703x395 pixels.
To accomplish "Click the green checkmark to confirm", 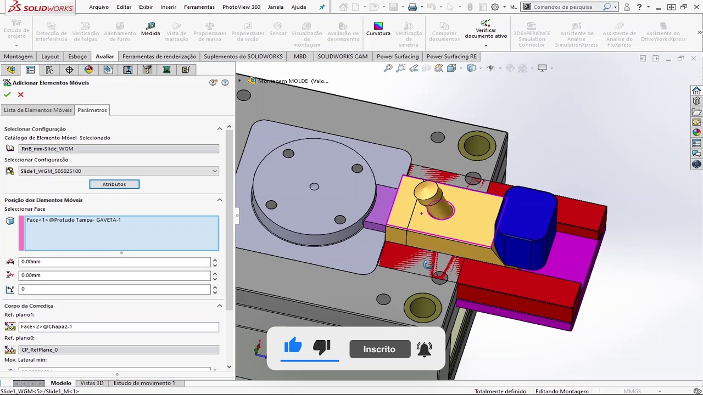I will pyautogui.click(x=7, y=94).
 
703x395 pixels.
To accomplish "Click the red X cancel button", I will pyautogui.click(x=21, y=94).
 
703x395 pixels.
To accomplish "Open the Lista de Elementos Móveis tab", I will pyautogui.click(x=37, y=110).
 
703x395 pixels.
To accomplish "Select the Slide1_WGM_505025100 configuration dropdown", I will pyautogui.click(x=119, y=171).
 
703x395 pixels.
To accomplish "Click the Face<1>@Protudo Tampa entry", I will pyautogui.click(x=74, y=220).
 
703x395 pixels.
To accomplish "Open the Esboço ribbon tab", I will pyautogui.click(x=77, y=57).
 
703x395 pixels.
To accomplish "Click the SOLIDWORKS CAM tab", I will pyautogui.click(x=342, y=57).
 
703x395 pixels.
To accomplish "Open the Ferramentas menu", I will pyautogui.click(x=199, y=7).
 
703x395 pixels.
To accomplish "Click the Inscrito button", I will pyautogui.click(x=379, y=349).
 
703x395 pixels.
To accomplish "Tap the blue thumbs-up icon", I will pyautogui.click(x=293, y=346).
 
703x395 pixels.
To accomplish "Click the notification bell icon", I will pyautogui.click(x=424, y=349).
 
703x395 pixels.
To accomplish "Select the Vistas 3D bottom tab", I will pyautogui.click(x=92, y=383).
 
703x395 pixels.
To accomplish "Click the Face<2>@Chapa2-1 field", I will pyautogui.click(x=119, y=327).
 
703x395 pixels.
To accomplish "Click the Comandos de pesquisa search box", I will pyautogui.click(x=568, y=7).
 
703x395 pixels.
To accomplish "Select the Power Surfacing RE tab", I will pyautogui.click(x=451, y=57).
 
